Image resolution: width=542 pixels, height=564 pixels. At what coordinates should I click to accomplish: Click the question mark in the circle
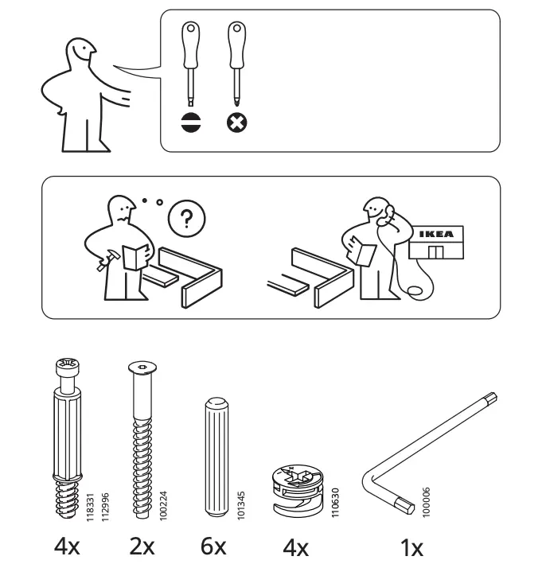188,217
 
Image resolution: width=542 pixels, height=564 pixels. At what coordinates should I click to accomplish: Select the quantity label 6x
213,546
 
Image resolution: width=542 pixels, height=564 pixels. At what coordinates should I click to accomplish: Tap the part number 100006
427,502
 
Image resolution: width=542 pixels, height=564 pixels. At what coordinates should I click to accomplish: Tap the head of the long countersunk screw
141,368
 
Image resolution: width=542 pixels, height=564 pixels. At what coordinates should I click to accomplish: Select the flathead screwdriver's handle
191,48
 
